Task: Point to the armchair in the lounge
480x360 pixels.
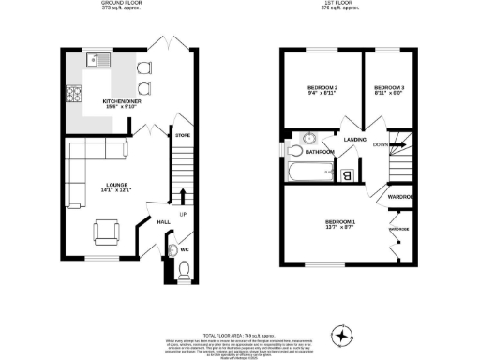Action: pos(107,230)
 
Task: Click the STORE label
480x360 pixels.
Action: pos(183,138)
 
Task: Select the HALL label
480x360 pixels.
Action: pos(163,221)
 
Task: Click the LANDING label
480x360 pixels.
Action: pos(355,140)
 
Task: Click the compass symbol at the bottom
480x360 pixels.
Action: pos(341,334)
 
